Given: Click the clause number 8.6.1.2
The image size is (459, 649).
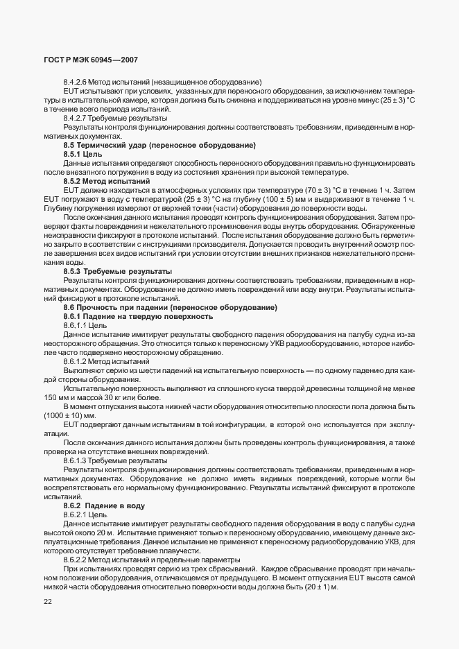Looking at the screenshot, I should coord(75,361).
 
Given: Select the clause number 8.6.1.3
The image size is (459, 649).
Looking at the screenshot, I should coord(75,460).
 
